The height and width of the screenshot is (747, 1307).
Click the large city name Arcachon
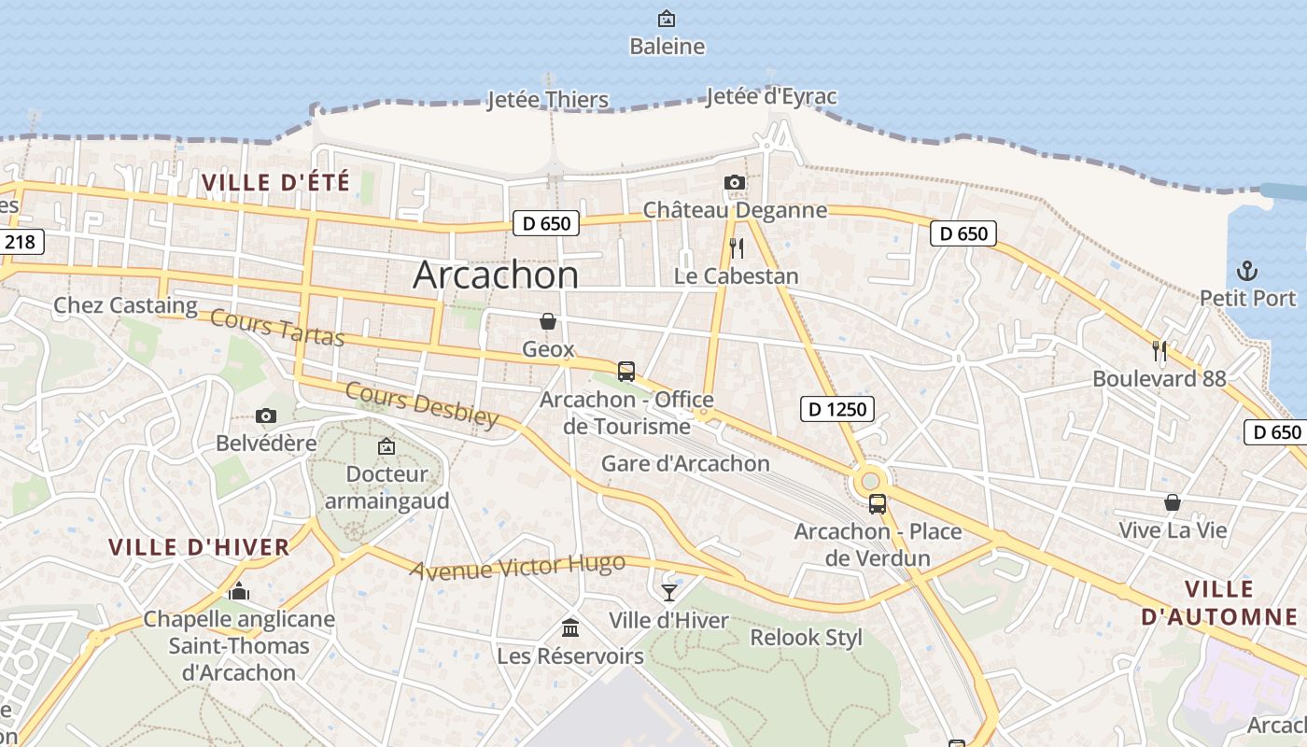[496, 275]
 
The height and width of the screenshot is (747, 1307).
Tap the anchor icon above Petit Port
[1247, 272]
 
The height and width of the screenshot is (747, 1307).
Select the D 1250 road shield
[837, 408]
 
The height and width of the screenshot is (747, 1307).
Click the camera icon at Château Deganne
[735, 182]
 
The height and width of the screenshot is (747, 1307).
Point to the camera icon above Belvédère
[266, 416]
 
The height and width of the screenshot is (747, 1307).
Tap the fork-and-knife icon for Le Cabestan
[737, 247]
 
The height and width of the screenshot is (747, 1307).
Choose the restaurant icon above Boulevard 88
[1159, 351]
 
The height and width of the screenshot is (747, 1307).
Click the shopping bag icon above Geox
[548, 321]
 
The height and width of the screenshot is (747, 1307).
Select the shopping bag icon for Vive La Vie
[1173, 503]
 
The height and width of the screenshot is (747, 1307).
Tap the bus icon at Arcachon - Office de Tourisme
[626, 371]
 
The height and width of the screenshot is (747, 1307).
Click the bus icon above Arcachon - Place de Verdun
[878, 504]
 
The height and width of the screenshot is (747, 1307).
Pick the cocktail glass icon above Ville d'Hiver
[669, 592]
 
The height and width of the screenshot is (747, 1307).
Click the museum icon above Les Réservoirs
[570, 627]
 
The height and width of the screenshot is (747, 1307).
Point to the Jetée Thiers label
[548, 100]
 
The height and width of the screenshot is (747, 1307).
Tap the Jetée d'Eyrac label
[771, 96]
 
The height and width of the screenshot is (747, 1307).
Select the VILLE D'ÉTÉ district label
[276, 182]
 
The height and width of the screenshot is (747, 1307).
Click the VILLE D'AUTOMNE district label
[1219, 602]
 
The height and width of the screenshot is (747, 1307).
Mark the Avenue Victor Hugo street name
[517, 567]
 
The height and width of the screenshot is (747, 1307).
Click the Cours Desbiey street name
[422, 403]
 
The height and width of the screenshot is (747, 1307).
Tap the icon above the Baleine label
[667, 19]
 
